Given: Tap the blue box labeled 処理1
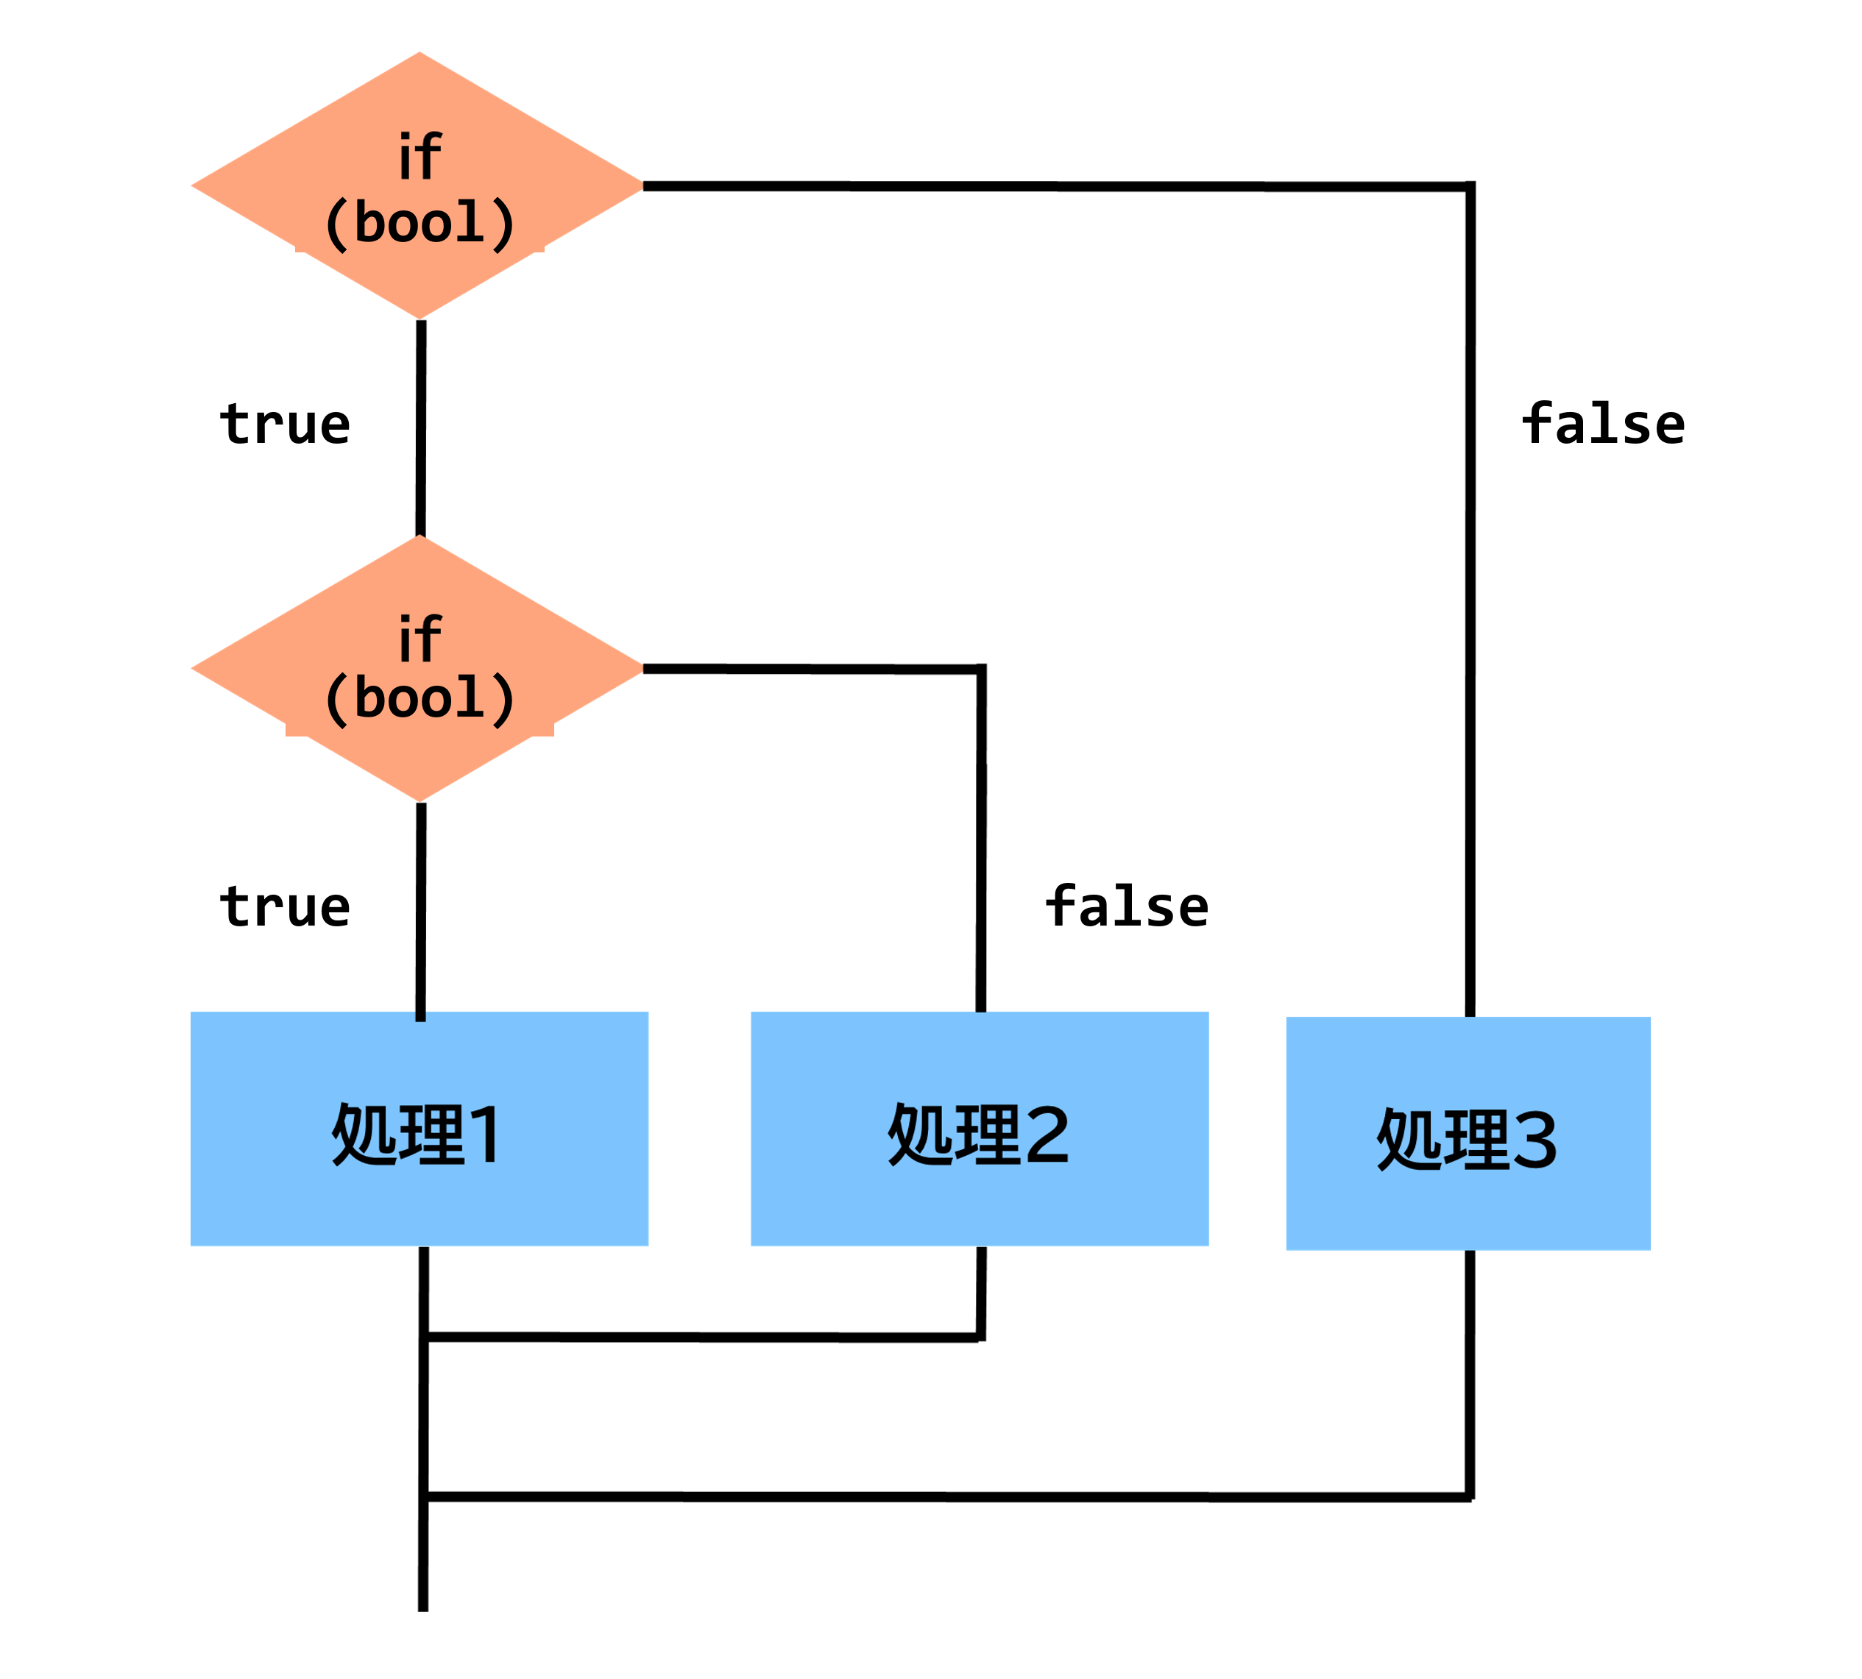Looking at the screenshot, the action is pyautogui.click(x=419, y=1128).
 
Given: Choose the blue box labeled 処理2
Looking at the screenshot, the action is pyautogui.click(x=979, y=1128).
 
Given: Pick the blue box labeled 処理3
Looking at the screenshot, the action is pyautogui.click(x=1468, y=1133).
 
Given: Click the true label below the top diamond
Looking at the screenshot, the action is pyautogui.click(x=285, y=425).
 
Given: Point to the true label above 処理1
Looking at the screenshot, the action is pyautogui.click(x=285, y=907).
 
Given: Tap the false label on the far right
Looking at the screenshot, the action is pyautogui.click(x=1604, y=424).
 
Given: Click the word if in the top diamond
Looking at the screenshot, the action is pyautogui.click(x=420, y=156).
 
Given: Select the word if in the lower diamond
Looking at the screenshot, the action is pyautogui.click(x=420, y=639).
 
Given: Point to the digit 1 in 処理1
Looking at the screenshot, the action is pyautogui.click(x=486, y=1134).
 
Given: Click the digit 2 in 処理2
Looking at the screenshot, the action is pyautogui.click(x=1047, y=1134).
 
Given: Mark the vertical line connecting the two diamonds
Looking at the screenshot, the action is pyautogui.click(x=421, y=427).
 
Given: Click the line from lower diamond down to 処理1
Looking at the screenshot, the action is pyautogui.click(x=421, y=912).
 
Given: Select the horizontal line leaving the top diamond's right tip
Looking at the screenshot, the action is pyautogui.click(x=1057, y=186).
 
